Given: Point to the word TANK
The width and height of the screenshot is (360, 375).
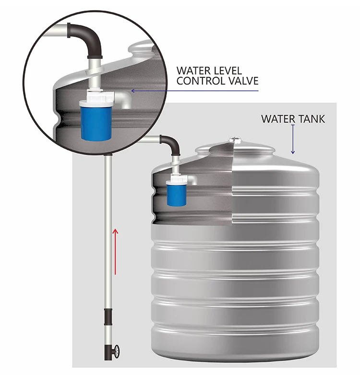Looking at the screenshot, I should [312, 119].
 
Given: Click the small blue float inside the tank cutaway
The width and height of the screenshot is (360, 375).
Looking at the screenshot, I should [173, 194].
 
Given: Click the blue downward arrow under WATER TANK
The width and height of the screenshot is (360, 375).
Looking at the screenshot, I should [292, 139].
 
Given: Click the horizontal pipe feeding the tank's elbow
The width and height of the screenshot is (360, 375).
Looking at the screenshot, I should [151, 139].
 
